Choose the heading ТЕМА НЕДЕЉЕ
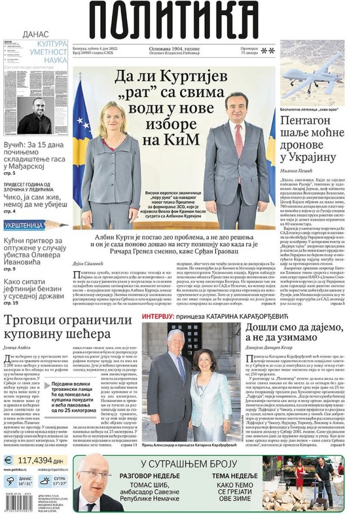click(x=235, y=476)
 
